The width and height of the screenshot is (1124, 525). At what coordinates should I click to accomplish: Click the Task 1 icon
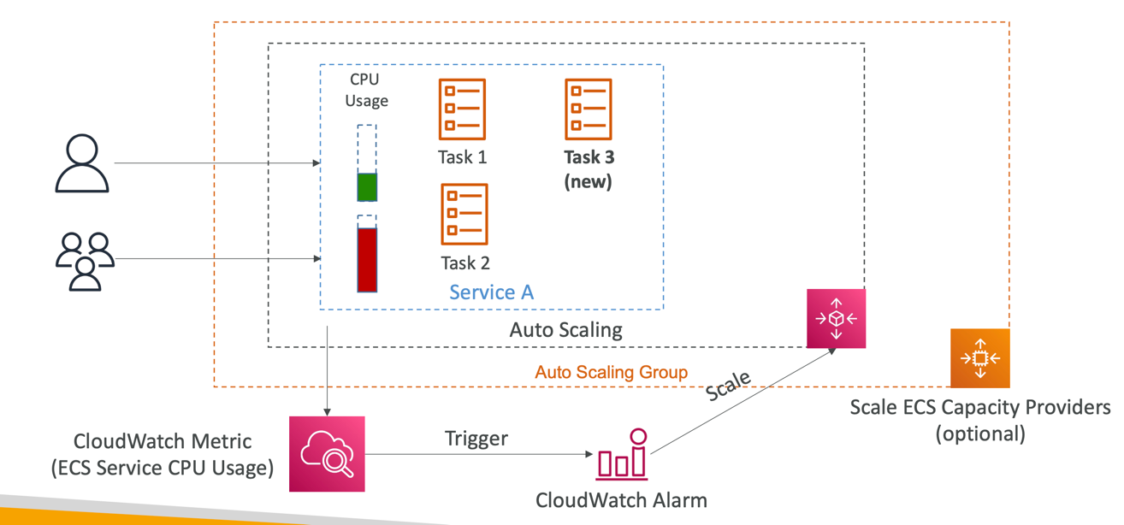462,109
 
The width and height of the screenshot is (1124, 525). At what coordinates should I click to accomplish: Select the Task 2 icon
464,214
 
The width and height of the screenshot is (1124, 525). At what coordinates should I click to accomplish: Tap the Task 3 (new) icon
589,109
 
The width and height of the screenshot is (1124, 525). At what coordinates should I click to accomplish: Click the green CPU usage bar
367,186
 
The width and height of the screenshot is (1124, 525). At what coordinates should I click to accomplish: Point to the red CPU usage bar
367,260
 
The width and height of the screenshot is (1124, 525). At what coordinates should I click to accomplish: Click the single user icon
82,163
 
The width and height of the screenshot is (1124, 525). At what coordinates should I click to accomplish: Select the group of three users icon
85,260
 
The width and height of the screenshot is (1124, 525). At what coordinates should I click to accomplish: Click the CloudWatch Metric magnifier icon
327,454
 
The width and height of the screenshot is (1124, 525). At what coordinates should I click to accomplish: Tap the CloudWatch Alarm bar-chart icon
623,454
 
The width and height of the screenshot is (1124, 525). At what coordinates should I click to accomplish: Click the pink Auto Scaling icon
836,318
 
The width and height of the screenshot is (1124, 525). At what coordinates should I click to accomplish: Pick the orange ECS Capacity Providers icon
980,357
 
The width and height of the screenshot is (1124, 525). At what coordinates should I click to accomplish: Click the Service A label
492,292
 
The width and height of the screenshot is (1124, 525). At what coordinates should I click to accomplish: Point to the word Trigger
476,439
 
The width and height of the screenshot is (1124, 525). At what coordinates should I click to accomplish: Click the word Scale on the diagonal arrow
729,386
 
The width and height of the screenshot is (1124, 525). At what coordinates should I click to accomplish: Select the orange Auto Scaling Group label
611,372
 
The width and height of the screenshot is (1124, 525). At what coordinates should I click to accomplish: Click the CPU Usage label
366,90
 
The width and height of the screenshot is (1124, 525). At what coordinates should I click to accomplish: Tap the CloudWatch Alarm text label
621,500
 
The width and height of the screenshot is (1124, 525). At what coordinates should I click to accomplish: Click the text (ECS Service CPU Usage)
163,467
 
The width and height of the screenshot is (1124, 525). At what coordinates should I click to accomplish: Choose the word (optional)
980,434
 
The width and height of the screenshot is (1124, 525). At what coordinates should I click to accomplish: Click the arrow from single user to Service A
214,162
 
